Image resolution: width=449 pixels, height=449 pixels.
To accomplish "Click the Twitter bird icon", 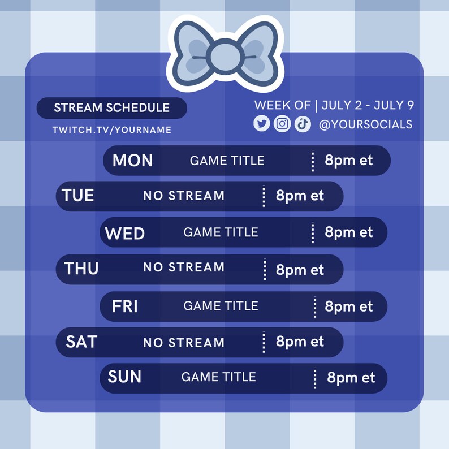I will point(261,123).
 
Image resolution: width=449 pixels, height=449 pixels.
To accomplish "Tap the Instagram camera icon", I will point(282,123).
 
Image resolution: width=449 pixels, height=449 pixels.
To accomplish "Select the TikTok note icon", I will point(303,123).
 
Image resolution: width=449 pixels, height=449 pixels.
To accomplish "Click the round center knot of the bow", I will point(225,55).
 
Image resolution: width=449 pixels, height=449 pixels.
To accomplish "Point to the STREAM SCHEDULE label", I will point(111,108).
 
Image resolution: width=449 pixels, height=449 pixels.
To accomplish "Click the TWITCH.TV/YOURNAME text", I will point(112,130).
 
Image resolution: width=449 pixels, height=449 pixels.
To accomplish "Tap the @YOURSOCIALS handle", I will point(365,124).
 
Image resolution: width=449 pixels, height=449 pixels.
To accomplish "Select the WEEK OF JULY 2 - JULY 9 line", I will point(334,105).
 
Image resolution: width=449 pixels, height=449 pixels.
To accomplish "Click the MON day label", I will point(132,161).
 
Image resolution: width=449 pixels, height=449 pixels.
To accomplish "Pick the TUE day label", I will point(78,196).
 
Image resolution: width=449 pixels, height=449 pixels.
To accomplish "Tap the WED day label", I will point(125,233).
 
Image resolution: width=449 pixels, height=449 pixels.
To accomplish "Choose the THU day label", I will point(81,268).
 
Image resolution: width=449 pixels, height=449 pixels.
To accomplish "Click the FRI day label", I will point(125,306).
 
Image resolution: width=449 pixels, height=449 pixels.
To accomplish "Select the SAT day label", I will point(81,342).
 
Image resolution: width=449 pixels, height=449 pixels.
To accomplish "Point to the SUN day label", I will point(124,377).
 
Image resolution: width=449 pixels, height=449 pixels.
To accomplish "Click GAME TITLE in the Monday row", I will point(227,161).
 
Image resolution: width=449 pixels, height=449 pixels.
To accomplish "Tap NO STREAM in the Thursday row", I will point(184,267).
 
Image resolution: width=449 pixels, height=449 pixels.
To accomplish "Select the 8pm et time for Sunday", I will point(351,378).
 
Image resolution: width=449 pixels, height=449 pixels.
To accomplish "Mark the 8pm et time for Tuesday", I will point(300,196).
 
